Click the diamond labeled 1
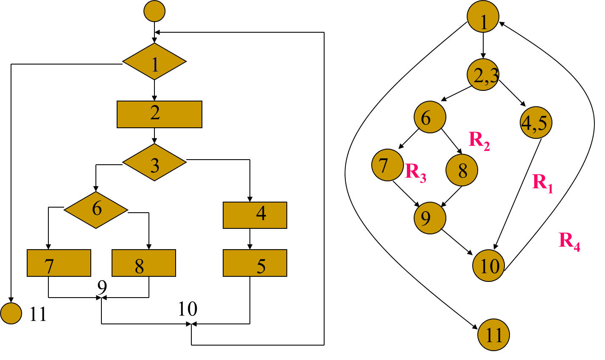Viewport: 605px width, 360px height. [x=154, y=62]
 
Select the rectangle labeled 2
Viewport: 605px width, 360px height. [x=159, y=114]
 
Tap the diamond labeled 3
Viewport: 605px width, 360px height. [x=154, y=162]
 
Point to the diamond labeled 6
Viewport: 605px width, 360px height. [x=96, y=210]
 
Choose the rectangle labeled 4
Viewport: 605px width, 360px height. [x=255, y=215]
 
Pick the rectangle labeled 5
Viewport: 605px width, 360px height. [x=255, y=263]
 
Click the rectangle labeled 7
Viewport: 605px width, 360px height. [x=59, y=263]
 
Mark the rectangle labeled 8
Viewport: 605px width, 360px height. [x=143, y=263]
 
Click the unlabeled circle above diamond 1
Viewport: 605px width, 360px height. [x=154, y=11]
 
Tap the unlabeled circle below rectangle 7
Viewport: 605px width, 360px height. [x=11, y=313]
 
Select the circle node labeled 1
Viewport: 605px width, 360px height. [x=483, y=17]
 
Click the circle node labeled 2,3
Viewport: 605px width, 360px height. [x=483, y=75]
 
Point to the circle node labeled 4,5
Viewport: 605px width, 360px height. [x=536, y=123]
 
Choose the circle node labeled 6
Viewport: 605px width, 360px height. [x=430, y=117]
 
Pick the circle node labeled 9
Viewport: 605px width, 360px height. [x=430, y=218]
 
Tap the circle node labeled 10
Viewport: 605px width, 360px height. [x=488, y=266]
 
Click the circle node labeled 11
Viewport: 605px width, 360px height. [x=493, y=335]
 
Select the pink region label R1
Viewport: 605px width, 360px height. [x=543, y=183]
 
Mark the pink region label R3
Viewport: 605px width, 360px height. [x=415, y=172]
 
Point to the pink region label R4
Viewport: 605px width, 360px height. [x=569, y=241]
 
